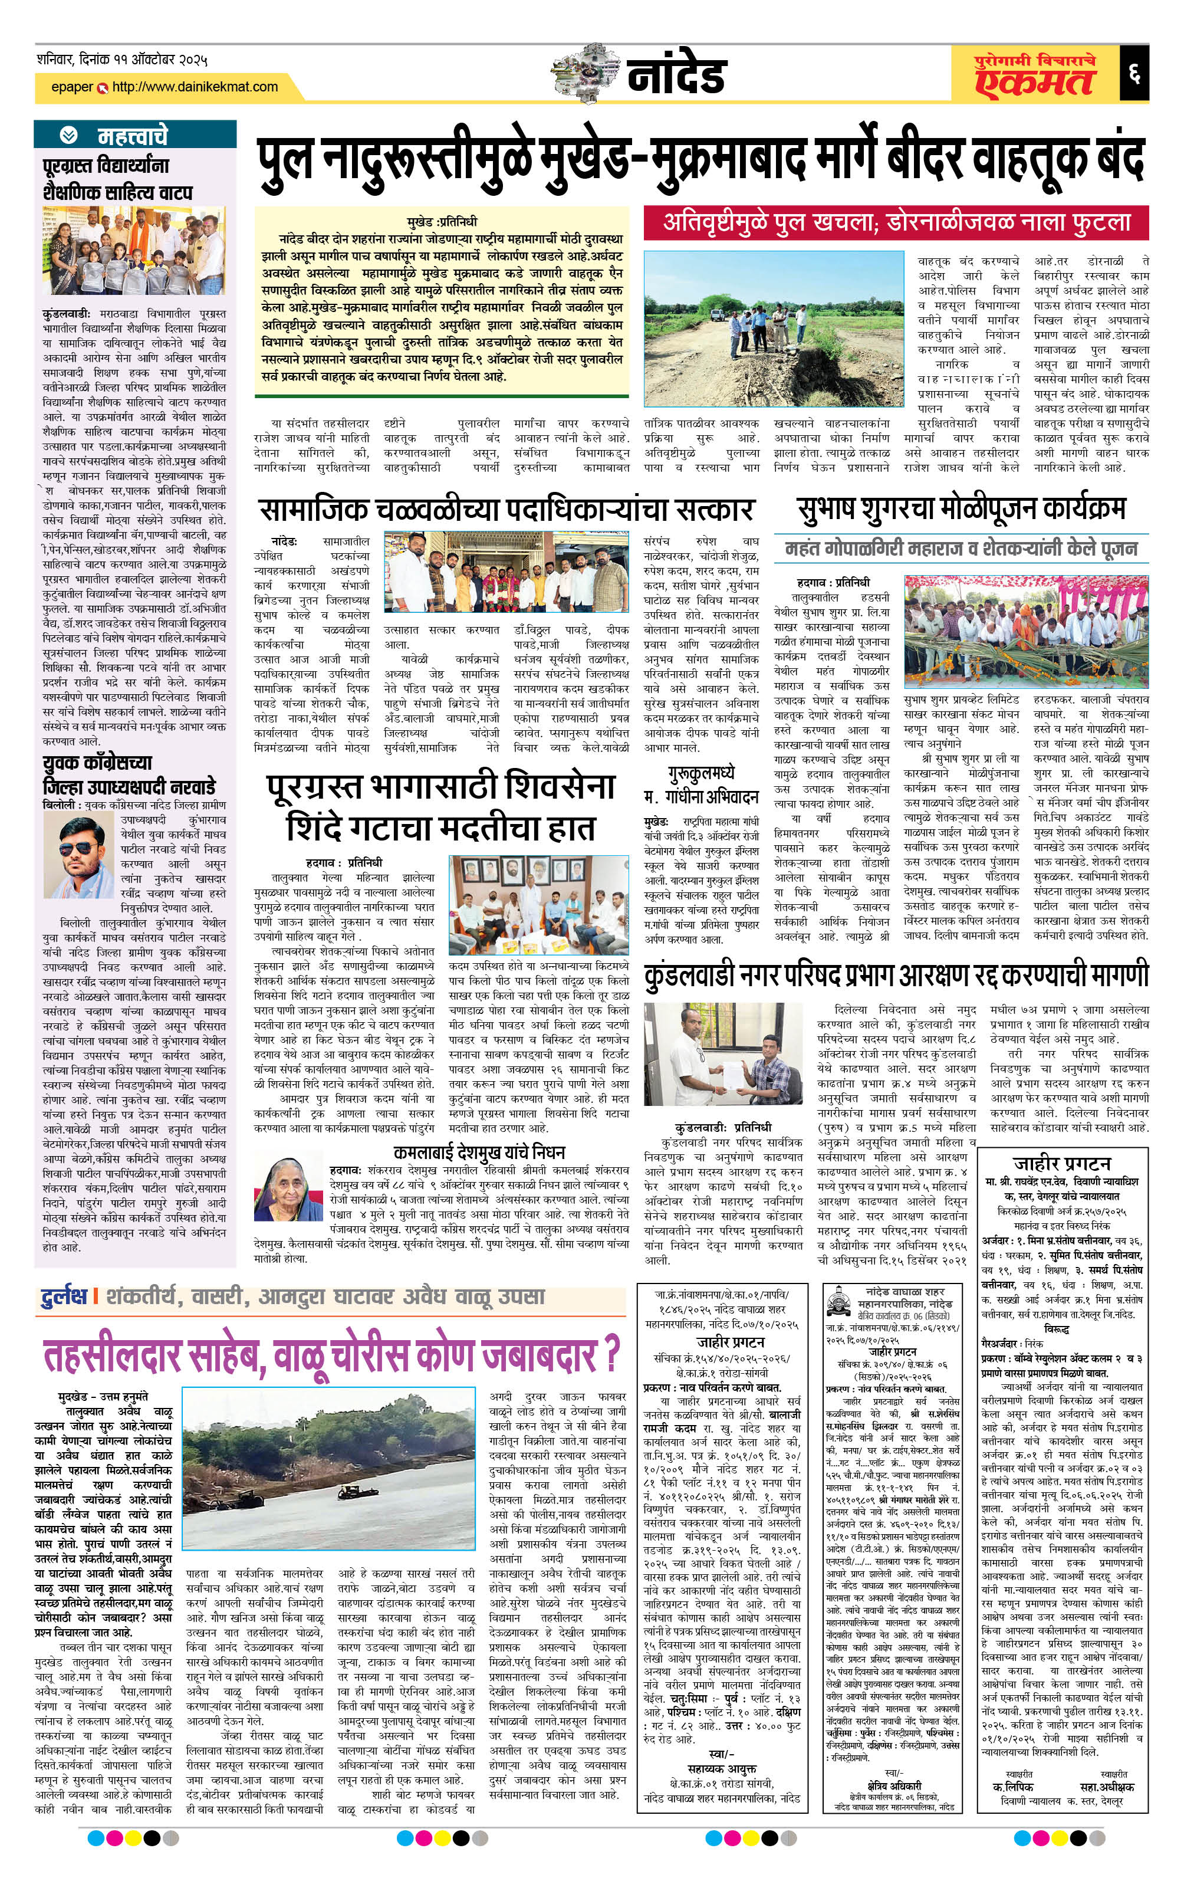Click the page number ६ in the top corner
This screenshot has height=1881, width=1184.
pos(1133,75)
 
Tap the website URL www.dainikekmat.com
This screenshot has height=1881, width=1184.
pos(195,87)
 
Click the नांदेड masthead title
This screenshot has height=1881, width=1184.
pos(676,75)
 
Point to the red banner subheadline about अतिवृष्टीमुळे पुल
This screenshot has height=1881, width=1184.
pos(896,222)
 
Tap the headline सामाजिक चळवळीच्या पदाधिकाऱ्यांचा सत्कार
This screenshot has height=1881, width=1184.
pos(506,509)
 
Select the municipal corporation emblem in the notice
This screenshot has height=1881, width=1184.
pos(839,1305)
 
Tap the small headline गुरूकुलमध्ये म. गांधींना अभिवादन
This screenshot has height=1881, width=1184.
pos(701,785)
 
